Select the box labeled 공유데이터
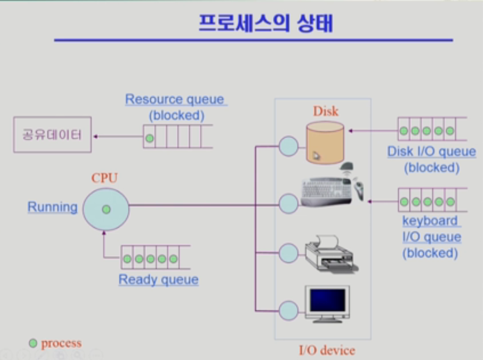[x=52, y=134]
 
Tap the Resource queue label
[x=175, y=100]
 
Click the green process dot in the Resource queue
[x=150, y=139]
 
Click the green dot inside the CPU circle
[x=106, y=209]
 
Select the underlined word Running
[x=52, y=207]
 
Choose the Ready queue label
[x=158, y=280]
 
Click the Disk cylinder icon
[x=324, y=142]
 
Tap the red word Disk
[x=326, y=111]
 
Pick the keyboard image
[x=326, y=191]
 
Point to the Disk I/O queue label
[x=432, y=152]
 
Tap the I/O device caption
[x=327, y=350]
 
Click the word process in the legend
[x=61, y=343]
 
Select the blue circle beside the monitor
[x=289, y=310]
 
